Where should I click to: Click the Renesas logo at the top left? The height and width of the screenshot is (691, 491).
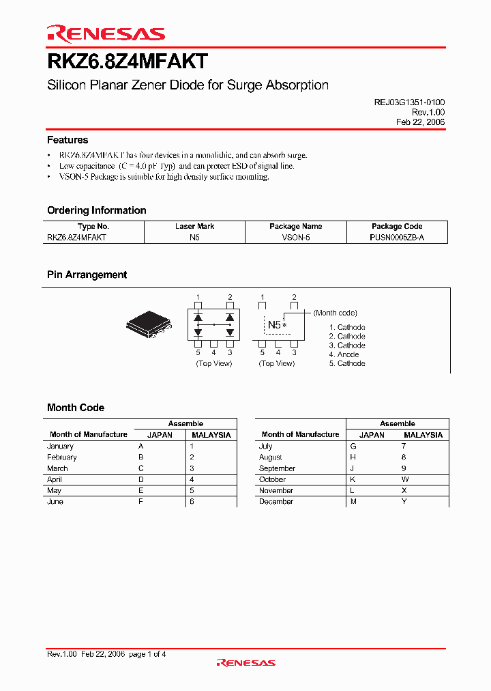106,33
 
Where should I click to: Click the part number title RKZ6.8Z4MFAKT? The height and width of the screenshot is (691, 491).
127,62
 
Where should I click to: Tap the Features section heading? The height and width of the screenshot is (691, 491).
68,140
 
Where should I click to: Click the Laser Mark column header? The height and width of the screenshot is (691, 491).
195,226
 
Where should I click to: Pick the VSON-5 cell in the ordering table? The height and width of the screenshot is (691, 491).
296,237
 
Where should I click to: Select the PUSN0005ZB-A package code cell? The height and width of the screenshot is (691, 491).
398,237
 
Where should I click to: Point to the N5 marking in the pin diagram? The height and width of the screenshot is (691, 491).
274,325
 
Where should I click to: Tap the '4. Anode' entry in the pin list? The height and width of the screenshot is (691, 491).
344,354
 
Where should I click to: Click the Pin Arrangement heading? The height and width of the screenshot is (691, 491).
87,274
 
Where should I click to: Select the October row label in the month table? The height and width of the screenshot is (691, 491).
273,479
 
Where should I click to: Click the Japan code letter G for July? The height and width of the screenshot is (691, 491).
353,446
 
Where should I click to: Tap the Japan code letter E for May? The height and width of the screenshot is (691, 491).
141,490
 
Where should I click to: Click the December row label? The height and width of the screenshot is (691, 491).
276,501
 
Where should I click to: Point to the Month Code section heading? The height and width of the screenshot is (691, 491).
76,408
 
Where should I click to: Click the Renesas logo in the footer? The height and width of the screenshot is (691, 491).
245,662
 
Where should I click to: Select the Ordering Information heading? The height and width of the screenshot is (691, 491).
97,210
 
